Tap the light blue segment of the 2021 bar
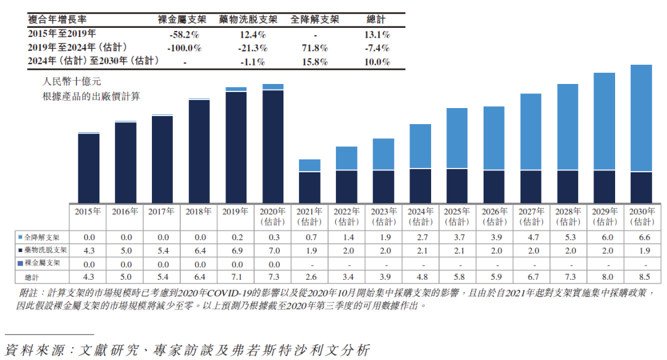(309, 165)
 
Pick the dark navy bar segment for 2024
(420, 185)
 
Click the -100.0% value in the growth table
(185, 48)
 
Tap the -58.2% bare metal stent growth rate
(185, 35)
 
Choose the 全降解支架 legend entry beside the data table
(43, 237)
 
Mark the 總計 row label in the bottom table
(32, 276)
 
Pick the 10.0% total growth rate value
(377, 62)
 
